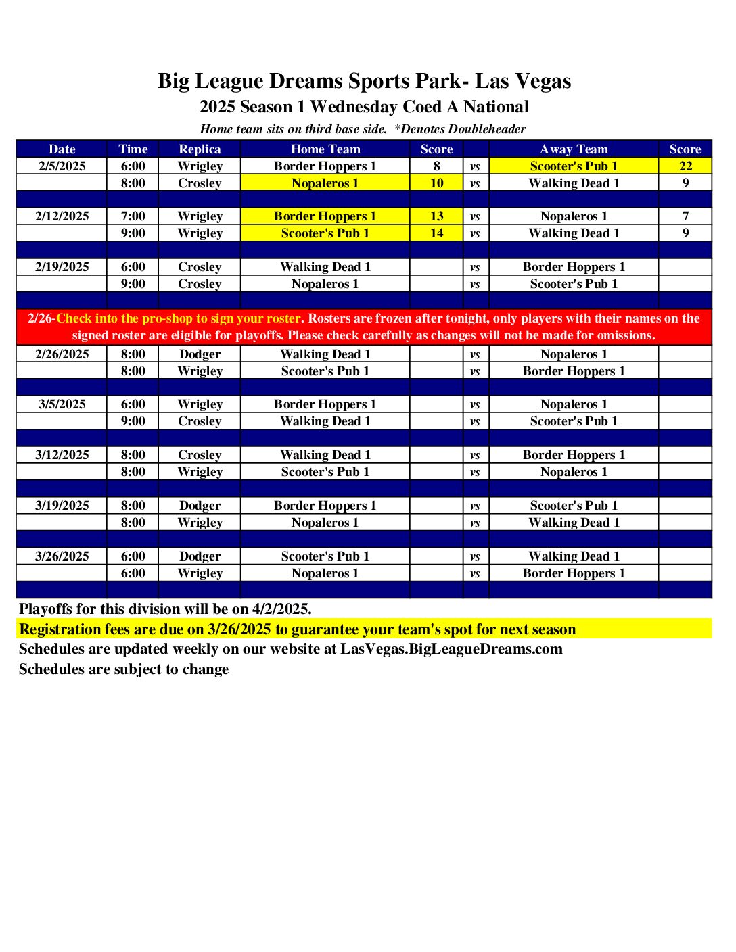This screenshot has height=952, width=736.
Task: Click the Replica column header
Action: pos(200,149)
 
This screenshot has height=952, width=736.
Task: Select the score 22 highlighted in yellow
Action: pos(685,166)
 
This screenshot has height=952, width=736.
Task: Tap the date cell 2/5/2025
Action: pos(62,166)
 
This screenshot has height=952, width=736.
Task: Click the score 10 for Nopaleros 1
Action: pos(436,183)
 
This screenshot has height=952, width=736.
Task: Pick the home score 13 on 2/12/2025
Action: pos(436,216)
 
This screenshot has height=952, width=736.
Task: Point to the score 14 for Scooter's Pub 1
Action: pos(436,233)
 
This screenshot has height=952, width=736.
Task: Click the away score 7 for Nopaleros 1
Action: pos(685,216)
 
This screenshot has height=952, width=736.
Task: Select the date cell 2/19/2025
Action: pos(62,267)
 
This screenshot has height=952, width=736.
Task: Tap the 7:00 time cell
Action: pos(133,216)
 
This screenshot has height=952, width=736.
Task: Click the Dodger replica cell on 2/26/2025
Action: pos(200,354)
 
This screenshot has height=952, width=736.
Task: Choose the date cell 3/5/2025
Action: pos(62,404)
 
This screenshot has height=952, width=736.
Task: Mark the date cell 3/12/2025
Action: pos(62,455)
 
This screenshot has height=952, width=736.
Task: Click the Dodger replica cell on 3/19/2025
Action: pos(200,506)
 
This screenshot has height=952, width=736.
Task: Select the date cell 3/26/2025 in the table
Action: pos(62,556)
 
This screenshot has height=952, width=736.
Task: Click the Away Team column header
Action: pos(574,149)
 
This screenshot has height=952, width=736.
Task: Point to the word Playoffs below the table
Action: pos(47,609)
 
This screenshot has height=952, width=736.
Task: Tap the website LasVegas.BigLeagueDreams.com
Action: pos(451,649)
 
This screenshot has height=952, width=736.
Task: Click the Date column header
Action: pos(62,149)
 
